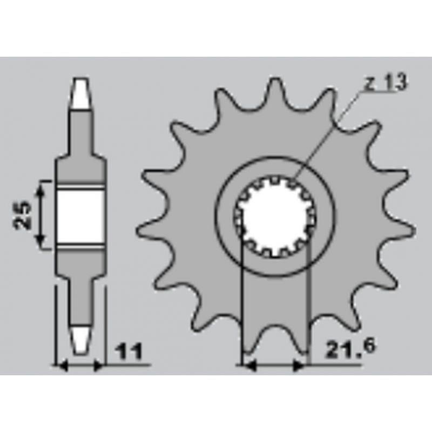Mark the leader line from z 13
(329, 135)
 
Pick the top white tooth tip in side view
(80, 93)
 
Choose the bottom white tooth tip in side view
(80, 339)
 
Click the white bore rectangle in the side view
(80, 215)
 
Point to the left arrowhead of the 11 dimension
(62, 367)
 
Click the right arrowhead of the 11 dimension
(98, 367)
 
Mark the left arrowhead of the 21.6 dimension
(248, 367)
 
